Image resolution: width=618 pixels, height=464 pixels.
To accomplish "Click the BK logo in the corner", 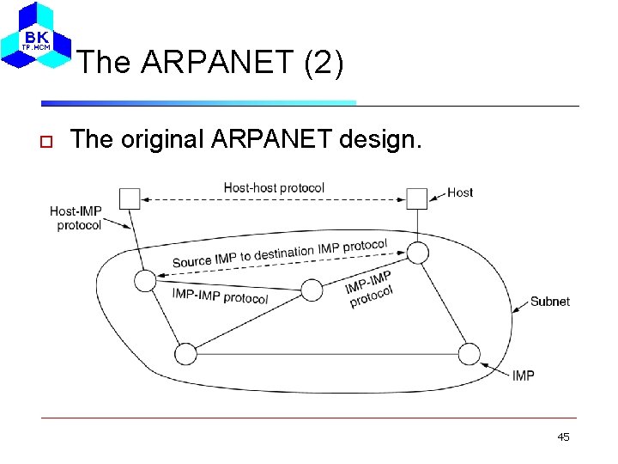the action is pyautogui.click(x=35, y=37).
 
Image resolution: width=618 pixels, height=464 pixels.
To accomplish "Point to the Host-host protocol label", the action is pyautogui.click(x=274, y=187).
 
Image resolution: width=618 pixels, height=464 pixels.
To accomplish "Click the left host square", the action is pyautogui.click(x=129, y=198).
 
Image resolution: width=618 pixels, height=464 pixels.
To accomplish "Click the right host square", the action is pyautogui.click(x=416, y=198).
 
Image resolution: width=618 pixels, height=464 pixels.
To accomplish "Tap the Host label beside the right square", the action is pyautogui.click(x=460, y=192).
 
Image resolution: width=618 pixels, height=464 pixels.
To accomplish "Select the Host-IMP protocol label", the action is pyautogui.click(x=76, y=218).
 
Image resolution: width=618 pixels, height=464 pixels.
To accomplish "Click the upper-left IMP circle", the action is pyautogui.click(x=145, y=280).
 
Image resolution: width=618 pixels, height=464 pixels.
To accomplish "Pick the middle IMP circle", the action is pyautogui.click(x=312, y=290).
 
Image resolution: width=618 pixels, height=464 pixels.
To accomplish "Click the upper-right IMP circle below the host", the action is pyautogui.click(x=417, y=253).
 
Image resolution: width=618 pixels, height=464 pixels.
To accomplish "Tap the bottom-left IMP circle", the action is pyautogui.click(x=185, y=353).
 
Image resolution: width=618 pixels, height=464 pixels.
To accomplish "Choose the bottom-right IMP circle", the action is pyautogui.click(x=469, y=353).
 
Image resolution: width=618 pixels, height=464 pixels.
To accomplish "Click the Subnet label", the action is pyautogui.click(x=549, y=302).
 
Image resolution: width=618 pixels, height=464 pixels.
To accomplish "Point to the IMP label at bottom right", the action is pyautogui.click(x=524, y=375).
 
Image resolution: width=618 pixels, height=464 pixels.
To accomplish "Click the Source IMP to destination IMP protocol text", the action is pyautogui.click(x=280, y=253).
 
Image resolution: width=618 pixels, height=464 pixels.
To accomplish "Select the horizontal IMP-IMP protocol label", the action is pyautogui.click(x=220, y=296).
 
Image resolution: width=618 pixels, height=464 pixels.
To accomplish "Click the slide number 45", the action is pyautogui.click(x=563, y=437).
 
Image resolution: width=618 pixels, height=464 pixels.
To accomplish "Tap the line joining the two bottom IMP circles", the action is pyautogui.click(x=326, y=353).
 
